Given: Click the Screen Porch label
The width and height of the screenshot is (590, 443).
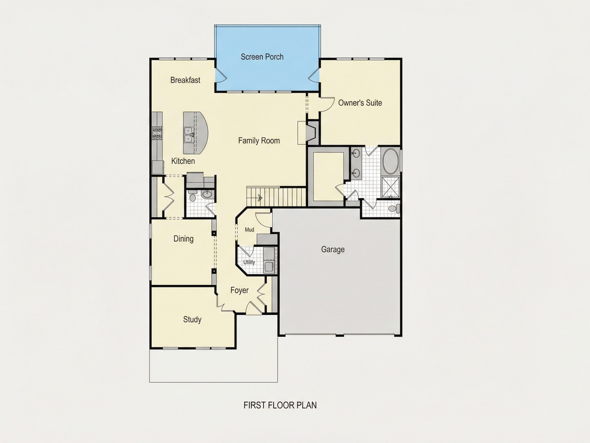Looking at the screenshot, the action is (262, 57).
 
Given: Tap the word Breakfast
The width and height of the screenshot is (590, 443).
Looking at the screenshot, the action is (185, 80).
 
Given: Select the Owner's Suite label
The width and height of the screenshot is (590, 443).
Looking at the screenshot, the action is (360, 103).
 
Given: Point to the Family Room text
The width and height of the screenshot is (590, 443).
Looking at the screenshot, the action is (259, 141).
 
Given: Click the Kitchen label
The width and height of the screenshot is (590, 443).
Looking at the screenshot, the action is (183, 161).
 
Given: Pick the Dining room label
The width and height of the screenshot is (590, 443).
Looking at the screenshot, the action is (184, 239).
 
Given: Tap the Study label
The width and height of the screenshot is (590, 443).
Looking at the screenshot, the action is (192, 320).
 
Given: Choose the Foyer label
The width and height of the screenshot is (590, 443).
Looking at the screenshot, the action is (239, 290).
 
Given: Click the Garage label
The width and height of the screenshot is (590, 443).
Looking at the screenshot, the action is (333, 249).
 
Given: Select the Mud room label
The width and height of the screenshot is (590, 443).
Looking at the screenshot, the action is (249, 230).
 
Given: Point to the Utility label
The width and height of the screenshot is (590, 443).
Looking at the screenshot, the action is (249, 262).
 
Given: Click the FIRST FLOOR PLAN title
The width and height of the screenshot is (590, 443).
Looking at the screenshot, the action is (280, 405).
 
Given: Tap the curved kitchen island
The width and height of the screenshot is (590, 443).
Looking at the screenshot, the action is (195, 133).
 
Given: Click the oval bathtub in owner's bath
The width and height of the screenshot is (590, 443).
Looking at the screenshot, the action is (391, 161).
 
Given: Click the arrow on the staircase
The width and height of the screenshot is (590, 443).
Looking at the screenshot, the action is (259, 198).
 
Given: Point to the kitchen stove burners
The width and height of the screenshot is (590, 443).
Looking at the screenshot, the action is (157, 133).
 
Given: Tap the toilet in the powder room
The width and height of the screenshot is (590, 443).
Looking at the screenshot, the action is (192, 197).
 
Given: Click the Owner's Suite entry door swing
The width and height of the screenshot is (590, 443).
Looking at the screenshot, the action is (328, 104).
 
